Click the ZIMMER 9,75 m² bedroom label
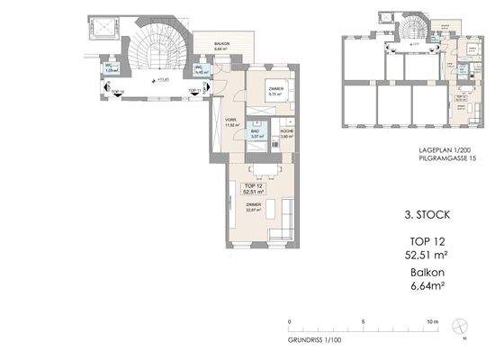click(x=276, y=88)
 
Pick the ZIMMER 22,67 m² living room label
click(x=253, y=207)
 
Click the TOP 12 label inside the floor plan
click(x=253, y=185)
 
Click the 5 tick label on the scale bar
click(x=363, y=321)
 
